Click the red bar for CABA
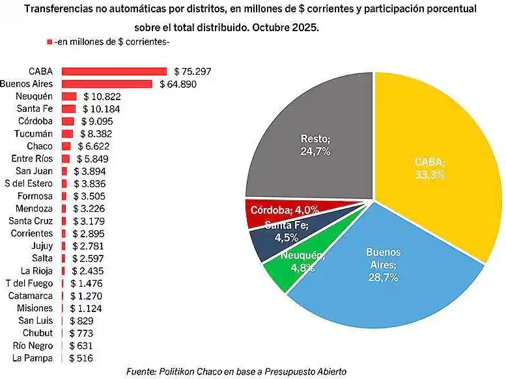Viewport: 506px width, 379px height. pyautogui.click(x=114, y=72)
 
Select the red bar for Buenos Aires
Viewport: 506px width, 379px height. pyautogui.click(x=107, y=84)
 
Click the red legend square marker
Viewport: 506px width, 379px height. pyautogui.click(x=49, y=42)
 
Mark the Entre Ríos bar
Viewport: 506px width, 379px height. pyautogui.click(x=66, y=159)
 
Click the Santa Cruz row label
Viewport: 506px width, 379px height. pyautogui.click(x=31, y=221)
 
